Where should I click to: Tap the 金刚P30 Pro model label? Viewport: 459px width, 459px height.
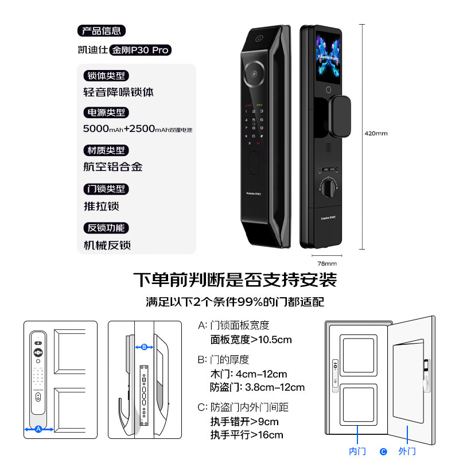141,50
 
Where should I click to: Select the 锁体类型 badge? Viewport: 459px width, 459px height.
106,76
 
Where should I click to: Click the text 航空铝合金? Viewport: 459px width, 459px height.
113,167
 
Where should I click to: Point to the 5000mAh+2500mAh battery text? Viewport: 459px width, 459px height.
138,129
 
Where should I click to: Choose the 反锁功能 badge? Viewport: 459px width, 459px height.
106,227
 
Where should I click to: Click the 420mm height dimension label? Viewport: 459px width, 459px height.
376,133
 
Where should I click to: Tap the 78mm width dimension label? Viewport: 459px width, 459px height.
326,263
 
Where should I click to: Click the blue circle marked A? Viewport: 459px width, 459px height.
38,429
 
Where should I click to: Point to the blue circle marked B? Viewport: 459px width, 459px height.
144,347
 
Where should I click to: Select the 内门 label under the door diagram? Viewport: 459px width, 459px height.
357,452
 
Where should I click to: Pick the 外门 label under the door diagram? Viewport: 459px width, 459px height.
407,452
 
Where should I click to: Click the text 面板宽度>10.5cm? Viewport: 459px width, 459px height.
251,340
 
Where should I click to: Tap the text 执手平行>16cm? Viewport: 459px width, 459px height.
247,434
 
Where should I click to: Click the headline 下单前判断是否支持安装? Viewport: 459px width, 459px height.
235,280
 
